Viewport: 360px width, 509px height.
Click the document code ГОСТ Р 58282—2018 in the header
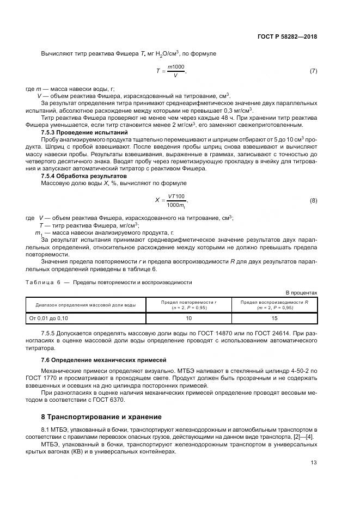(x=287, y=36)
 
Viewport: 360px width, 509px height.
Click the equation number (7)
(x=313, y=71)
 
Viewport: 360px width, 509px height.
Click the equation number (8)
(x=313, y=200)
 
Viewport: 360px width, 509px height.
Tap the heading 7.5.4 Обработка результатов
(x=77, y=175)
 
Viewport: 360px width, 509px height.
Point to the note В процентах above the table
(x=301, y=292)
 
